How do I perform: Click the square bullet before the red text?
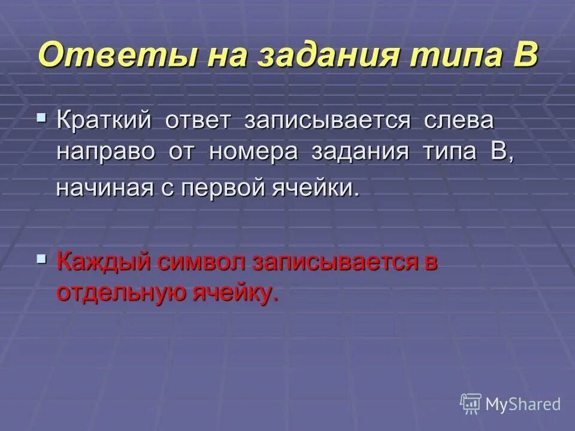coord(41,259)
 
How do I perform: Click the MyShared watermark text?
coord(523,404)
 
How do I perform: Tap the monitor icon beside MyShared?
coord(471,404)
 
